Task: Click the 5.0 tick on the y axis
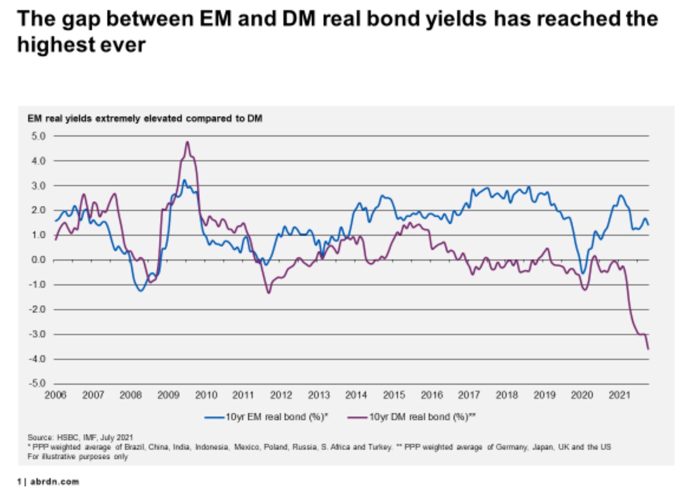39,136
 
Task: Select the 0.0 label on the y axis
39,260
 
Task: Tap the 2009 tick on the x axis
168,395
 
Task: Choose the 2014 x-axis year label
356,395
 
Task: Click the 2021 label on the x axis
619,395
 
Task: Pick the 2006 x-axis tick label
55,395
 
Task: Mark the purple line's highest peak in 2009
187,141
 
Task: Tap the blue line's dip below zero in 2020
583,273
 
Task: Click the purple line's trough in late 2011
269,293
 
